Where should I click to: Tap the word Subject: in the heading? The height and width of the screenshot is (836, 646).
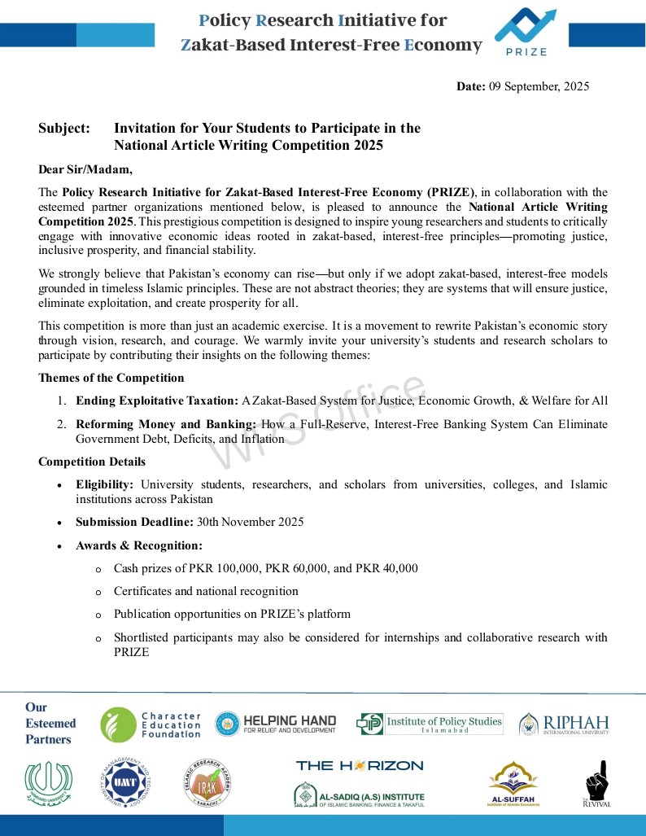[x=64, y=129]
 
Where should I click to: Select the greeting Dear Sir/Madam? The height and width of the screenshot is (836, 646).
[x=85, y=169]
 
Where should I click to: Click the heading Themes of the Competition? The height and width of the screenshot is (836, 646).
[x=111, y=378]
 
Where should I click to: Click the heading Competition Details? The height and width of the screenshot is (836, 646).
[x=92, y=462]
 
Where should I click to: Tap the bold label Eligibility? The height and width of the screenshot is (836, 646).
[x=104, y=484]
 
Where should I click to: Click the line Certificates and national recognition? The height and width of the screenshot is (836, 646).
[x=206, y=591]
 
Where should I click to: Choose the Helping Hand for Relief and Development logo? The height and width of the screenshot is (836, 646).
[x=275, y=724]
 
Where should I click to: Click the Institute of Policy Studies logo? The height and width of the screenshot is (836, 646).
[x=430, y=724]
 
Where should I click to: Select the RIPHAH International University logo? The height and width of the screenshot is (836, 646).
[x=564, y=724]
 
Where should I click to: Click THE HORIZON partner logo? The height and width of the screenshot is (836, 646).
[x=359, y=765]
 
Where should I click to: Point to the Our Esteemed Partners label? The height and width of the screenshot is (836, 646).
[x=50, y=723]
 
